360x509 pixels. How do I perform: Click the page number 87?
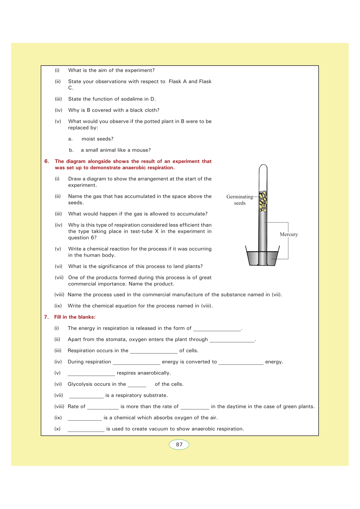[x=179, y=445]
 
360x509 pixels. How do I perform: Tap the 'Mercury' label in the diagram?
[x=289, y=235]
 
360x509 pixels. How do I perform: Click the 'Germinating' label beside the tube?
[x=239, y=197]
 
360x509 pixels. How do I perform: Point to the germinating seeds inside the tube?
[x=263, y=201]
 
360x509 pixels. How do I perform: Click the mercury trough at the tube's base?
[x=262, y=259]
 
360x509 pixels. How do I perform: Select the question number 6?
[x=47, y=161]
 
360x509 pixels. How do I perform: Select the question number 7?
[x=46, y=317]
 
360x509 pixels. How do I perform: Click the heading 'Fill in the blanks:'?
[x=75, y=317]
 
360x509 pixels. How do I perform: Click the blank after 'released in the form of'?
[x=217, y=329]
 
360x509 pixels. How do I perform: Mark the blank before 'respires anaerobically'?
[x=91, y=374]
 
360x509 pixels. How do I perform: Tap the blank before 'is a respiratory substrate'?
[x=86, y=396]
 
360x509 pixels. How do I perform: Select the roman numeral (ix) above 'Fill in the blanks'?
[x=58, y=306]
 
